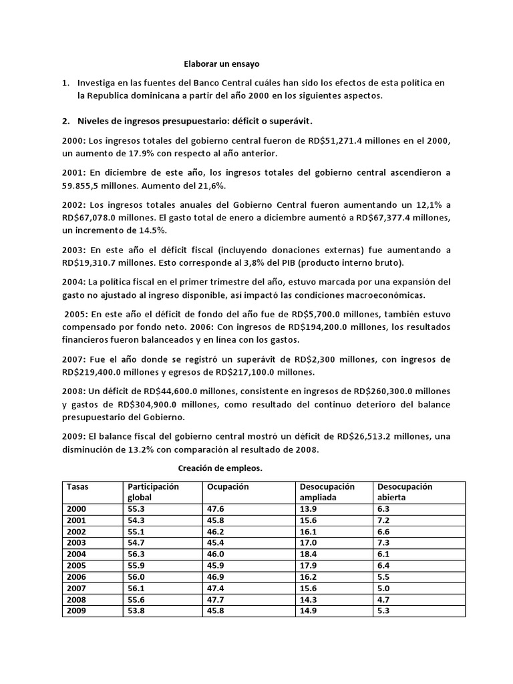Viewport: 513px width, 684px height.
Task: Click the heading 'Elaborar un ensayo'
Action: pyautogui.click(x=220, y=64)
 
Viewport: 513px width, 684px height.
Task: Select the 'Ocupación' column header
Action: pyautogui.click(x=227, y=487)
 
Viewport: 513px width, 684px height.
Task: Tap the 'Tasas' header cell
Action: pyautogui.click(x=77, y=487)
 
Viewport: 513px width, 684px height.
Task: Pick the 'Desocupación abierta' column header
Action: pyautogui.click(x=405, y=492)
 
